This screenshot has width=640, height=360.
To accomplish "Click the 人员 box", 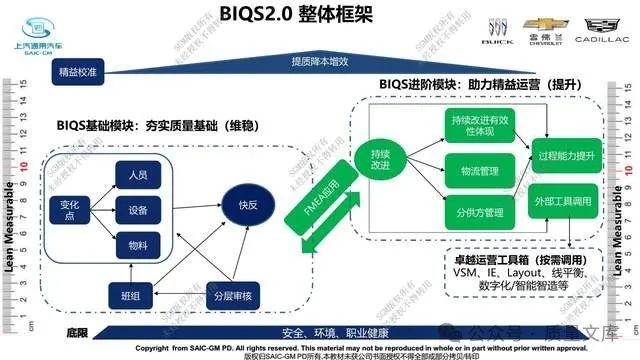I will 138,175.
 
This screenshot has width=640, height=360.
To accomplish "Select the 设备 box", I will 138,209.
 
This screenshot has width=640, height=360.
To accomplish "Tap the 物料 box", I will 138,244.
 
